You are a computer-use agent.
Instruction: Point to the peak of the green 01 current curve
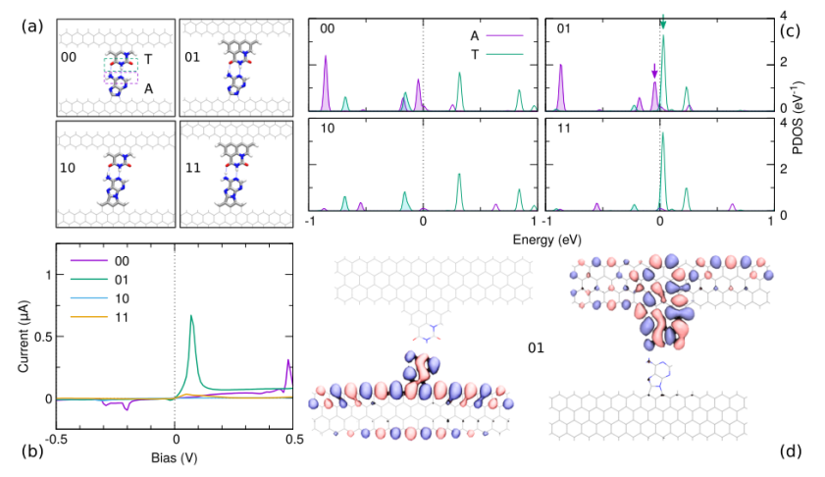(190, 316)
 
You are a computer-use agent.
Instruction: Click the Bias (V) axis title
(175, 457)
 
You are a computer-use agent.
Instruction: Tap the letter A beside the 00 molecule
(148, 87)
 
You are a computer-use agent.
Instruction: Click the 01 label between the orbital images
(538, 347)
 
